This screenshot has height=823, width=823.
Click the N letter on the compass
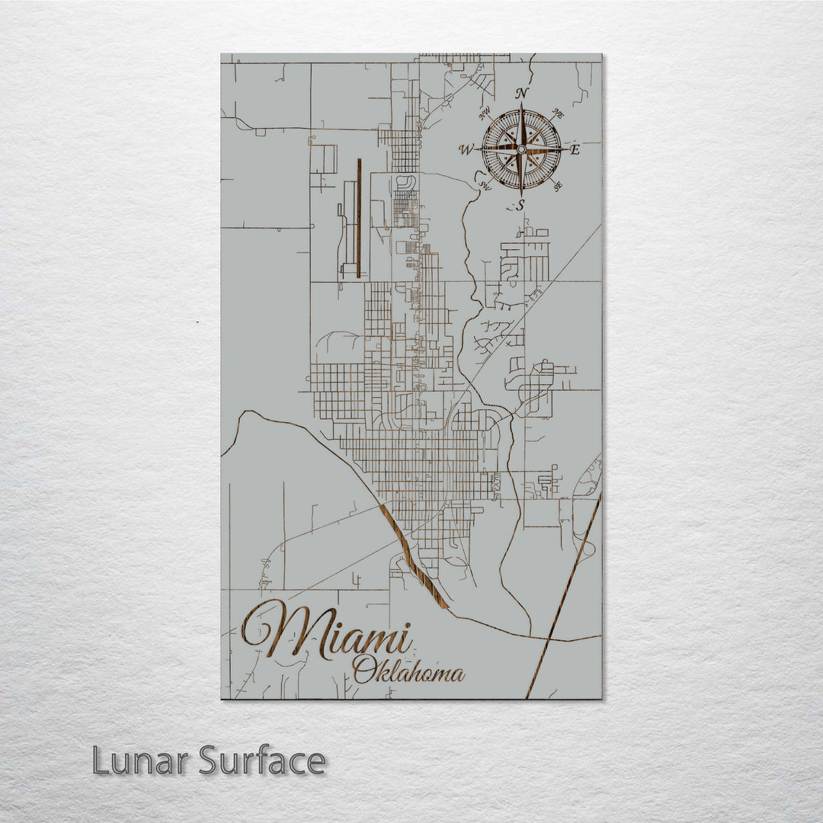coord(522,94)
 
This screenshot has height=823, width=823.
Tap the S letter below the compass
coord(521,204)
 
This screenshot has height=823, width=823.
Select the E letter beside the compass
coord(575,149)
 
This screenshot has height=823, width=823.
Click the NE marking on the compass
coord(557,114)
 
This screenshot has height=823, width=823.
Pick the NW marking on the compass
coord(483,115)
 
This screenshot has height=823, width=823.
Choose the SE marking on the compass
coord(558,186)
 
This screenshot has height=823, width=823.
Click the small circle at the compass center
coord(521,149)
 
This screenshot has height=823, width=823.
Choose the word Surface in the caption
coord(262,761)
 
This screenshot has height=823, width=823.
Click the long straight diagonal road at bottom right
coord(564,594)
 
